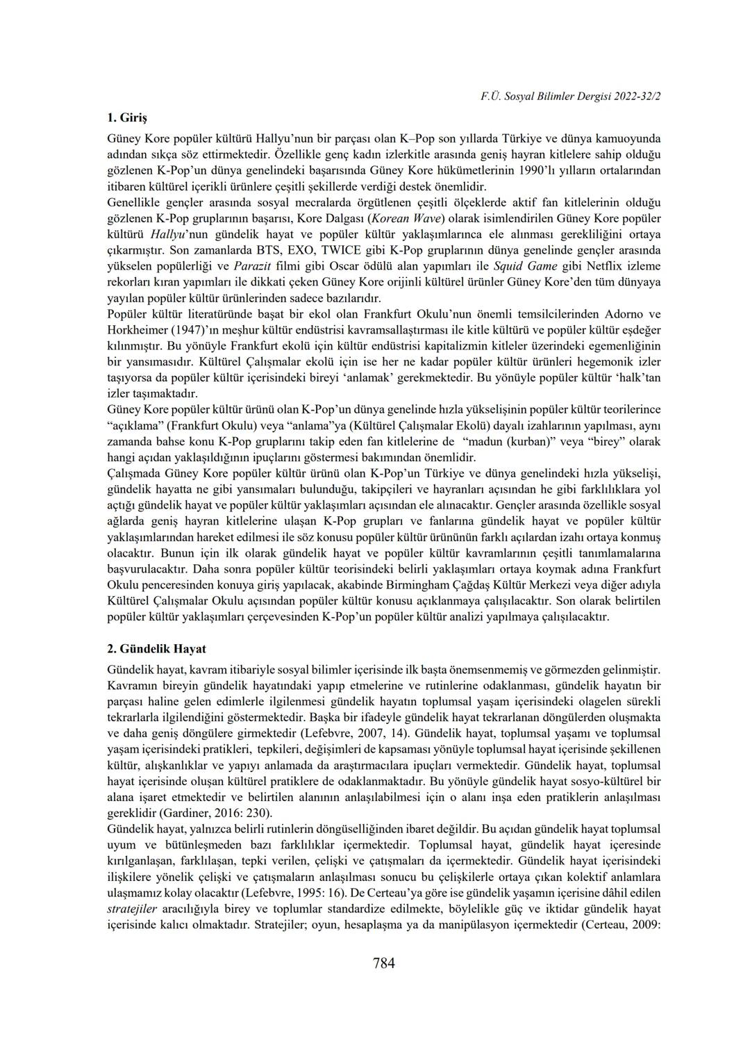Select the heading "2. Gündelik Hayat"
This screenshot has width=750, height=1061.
[x=157, y=649]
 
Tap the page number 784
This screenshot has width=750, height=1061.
[x=383, y=963]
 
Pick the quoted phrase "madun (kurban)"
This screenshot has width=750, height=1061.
[x=506, y=442]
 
